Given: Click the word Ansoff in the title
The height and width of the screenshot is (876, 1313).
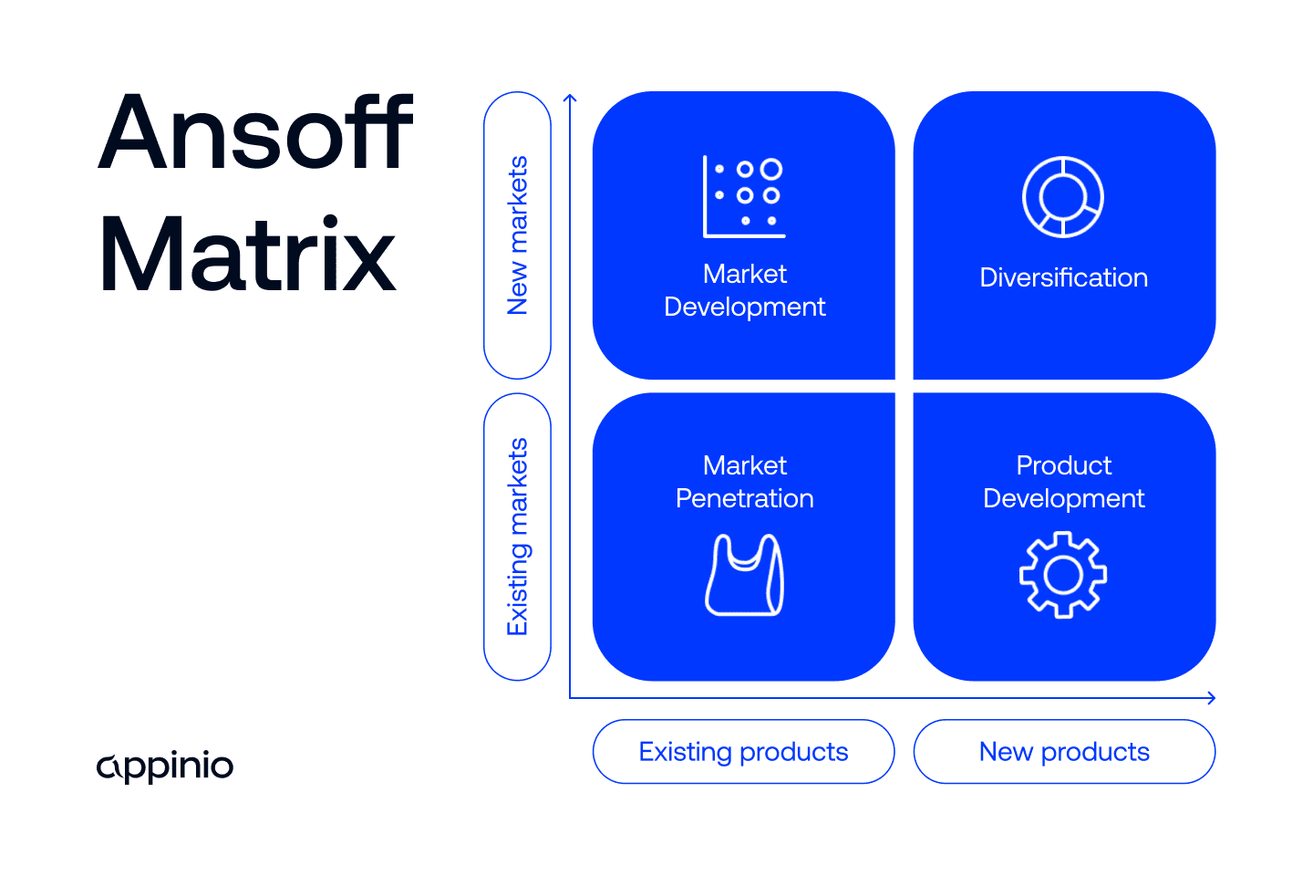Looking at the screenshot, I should click(256, 133).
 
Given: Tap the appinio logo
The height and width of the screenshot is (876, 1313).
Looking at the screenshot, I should click(165, 766).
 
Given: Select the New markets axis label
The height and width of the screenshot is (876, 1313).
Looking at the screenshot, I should click(517, 235).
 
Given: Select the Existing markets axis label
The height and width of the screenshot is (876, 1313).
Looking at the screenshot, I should click(517, 537).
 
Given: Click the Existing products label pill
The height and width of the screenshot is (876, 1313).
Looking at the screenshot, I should click(743, 752).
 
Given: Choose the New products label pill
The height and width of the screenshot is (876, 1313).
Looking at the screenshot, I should click(1064, 752).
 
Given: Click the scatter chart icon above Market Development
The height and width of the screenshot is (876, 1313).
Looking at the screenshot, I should click(744, 196).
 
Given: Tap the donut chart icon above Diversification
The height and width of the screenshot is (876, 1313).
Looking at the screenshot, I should click(1063, 197).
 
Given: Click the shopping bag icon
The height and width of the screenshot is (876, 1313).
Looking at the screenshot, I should click(744, 576).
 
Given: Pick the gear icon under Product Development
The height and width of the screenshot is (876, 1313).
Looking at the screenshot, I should click(1063, 575).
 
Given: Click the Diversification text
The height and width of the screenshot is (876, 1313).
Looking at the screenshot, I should click(1063, 277).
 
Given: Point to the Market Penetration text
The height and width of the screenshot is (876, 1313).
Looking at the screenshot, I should click(744, 482).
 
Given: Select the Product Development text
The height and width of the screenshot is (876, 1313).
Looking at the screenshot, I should click(1063, 482).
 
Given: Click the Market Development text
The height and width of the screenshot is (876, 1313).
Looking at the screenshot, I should click(744, 290).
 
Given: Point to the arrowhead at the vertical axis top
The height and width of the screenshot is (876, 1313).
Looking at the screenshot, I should click(570, 97).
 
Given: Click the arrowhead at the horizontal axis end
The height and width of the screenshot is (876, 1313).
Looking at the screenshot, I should click(1212, 698).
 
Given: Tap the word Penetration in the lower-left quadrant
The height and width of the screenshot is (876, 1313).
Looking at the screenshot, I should click(744, 498).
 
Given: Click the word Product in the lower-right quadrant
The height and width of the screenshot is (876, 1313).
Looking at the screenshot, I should click(1063, 465).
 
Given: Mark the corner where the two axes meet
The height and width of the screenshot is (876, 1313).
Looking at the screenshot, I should click(570, 698).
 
